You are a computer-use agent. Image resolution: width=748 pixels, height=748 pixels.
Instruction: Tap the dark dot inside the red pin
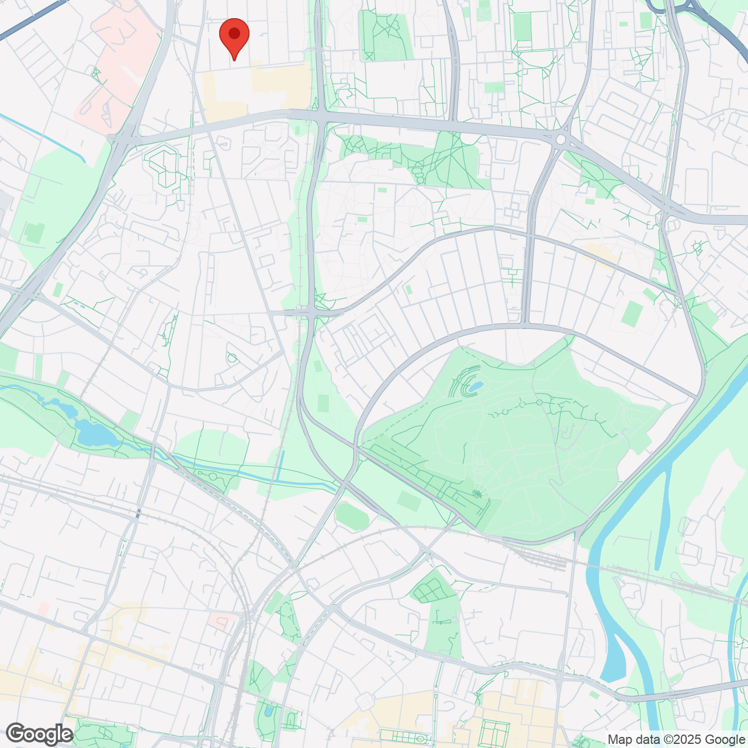[234, 33]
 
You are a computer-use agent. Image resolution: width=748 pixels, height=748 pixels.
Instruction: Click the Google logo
[40, 734]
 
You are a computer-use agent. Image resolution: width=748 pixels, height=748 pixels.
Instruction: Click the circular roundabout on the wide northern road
[561, 140]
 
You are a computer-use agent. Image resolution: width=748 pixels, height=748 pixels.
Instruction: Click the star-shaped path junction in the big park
[477, 494]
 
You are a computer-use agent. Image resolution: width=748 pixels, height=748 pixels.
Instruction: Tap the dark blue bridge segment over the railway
[138, 513]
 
